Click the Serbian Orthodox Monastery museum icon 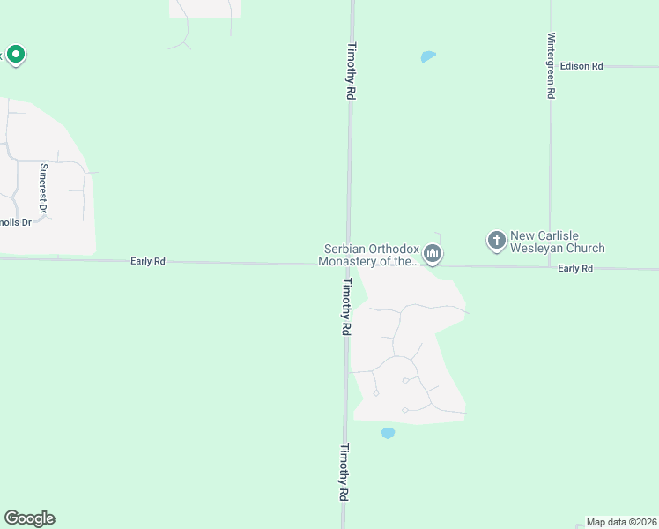(433, 254)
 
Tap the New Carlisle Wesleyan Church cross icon (496, 239)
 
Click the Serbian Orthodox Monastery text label (367, 255)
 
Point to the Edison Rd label (581, 66)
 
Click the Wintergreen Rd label (551, 66)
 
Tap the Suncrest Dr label (42, 188)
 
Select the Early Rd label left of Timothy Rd (147, 261)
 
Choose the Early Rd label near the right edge (575, 268)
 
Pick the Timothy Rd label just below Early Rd (346, 306)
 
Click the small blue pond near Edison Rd (428, 57)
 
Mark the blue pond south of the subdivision (387, 433)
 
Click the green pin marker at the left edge (15, 55)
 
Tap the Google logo (29, 518)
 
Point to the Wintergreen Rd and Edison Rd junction (551, 66)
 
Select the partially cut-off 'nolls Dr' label (15, 222)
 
